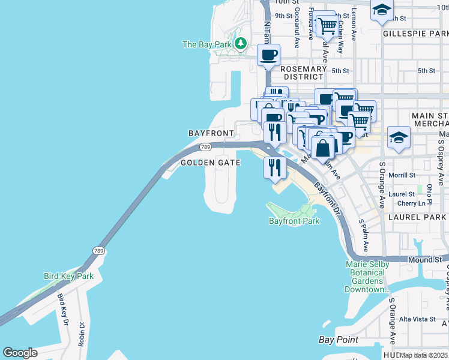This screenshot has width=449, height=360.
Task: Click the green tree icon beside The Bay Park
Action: click(241, 44)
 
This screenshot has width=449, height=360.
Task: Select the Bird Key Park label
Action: click(68, 276)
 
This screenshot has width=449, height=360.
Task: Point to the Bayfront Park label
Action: click(294, 221)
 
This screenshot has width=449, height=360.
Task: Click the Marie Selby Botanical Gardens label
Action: click(367, 277)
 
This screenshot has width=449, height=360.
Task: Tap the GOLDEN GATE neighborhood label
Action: click(211, 163)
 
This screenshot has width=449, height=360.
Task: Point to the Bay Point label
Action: click(339, 340)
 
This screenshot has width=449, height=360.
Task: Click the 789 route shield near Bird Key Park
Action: click(98, 250)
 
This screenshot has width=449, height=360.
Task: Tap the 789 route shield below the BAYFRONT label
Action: click(205, 147)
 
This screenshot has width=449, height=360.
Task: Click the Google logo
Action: click(20, 353)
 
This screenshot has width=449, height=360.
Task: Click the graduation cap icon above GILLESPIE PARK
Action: click(381, 10)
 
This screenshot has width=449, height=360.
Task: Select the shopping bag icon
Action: click(322, 147)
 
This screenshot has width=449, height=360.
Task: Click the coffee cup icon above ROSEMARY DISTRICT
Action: click(268, 55)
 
